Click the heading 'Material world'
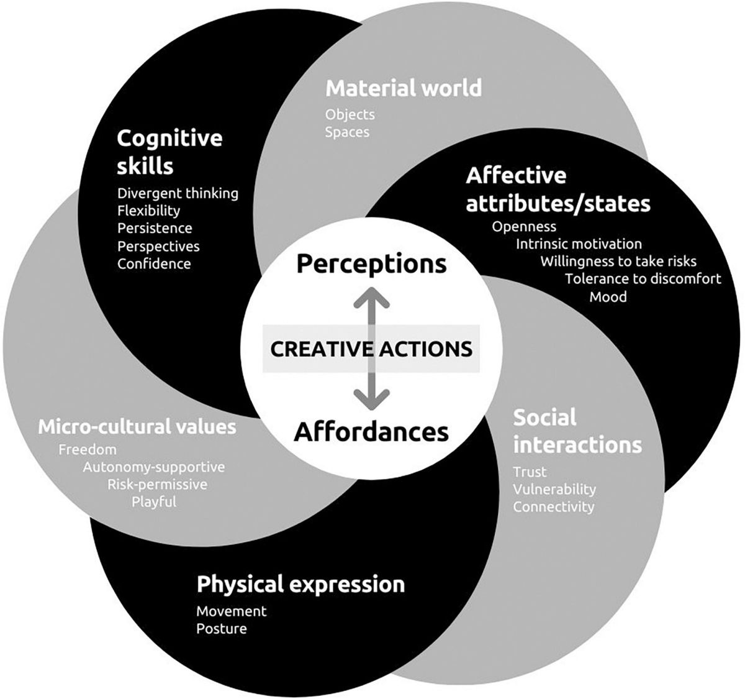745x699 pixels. [x=404, y=88]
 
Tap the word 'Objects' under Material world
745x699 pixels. [x=350, y=114]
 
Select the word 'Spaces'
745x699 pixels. [x=348, y=132]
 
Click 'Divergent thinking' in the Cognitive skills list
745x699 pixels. [x=178, y=193]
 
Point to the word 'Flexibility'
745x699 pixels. [x=148, y=211]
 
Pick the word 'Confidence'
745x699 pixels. [x=154, y=263]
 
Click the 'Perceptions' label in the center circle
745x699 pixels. [x=371, y=264]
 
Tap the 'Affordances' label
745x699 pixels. [x=371, y=432]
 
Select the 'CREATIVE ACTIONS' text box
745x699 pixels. [x=371, y=349]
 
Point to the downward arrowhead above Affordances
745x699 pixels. [x=371, y=399]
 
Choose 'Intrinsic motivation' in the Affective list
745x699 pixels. [x=579, y=244]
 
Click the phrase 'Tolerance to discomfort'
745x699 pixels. [x=643, y=279]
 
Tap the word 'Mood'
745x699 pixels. [x=608, y=297]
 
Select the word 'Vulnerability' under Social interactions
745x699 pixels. [x=554, y=490]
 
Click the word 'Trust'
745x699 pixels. [x=530, y=472]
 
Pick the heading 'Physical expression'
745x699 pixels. [x=301, y=585]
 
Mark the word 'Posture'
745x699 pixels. [x=222, y=629]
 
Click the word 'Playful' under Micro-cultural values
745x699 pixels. [x=154, y=502]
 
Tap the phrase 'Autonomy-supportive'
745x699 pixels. [x=154, y=467]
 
